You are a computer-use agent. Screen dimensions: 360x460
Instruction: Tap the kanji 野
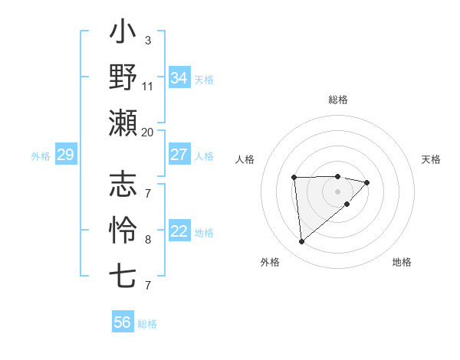123,77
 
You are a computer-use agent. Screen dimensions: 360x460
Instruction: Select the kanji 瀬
123,123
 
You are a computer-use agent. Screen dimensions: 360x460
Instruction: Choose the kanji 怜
123,229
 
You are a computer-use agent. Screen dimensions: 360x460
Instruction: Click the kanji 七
123,274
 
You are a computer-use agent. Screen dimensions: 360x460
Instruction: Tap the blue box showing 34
179,78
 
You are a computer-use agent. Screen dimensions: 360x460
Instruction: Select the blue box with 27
179,155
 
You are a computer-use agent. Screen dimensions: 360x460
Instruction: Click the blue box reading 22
179,232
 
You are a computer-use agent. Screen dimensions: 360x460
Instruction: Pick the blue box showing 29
65,155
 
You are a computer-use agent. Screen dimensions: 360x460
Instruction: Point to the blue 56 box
123,322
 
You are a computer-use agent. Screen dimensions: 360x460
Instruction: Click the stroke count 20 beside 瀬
147,133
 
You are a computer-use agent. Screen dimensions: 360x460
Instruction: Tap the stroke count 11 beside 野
148,86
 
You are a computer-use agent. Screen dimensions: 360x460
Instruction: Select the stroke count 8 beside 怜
148,239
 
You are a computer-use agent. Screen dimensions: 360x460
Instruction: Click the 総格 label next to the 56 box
147,324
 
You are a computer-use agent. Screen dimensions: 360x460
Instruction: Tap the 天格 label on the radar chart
432,159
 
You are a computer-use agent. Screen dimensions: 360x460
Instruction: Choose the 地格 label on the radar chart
402,262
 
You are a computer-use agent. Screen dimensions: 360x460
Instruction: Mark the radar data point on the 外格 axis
302,241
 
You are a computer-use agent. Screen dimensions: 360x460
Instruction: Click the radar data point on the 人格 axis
294,178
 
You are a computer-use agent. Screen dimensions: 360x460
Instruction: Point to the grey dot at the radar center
337,190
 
